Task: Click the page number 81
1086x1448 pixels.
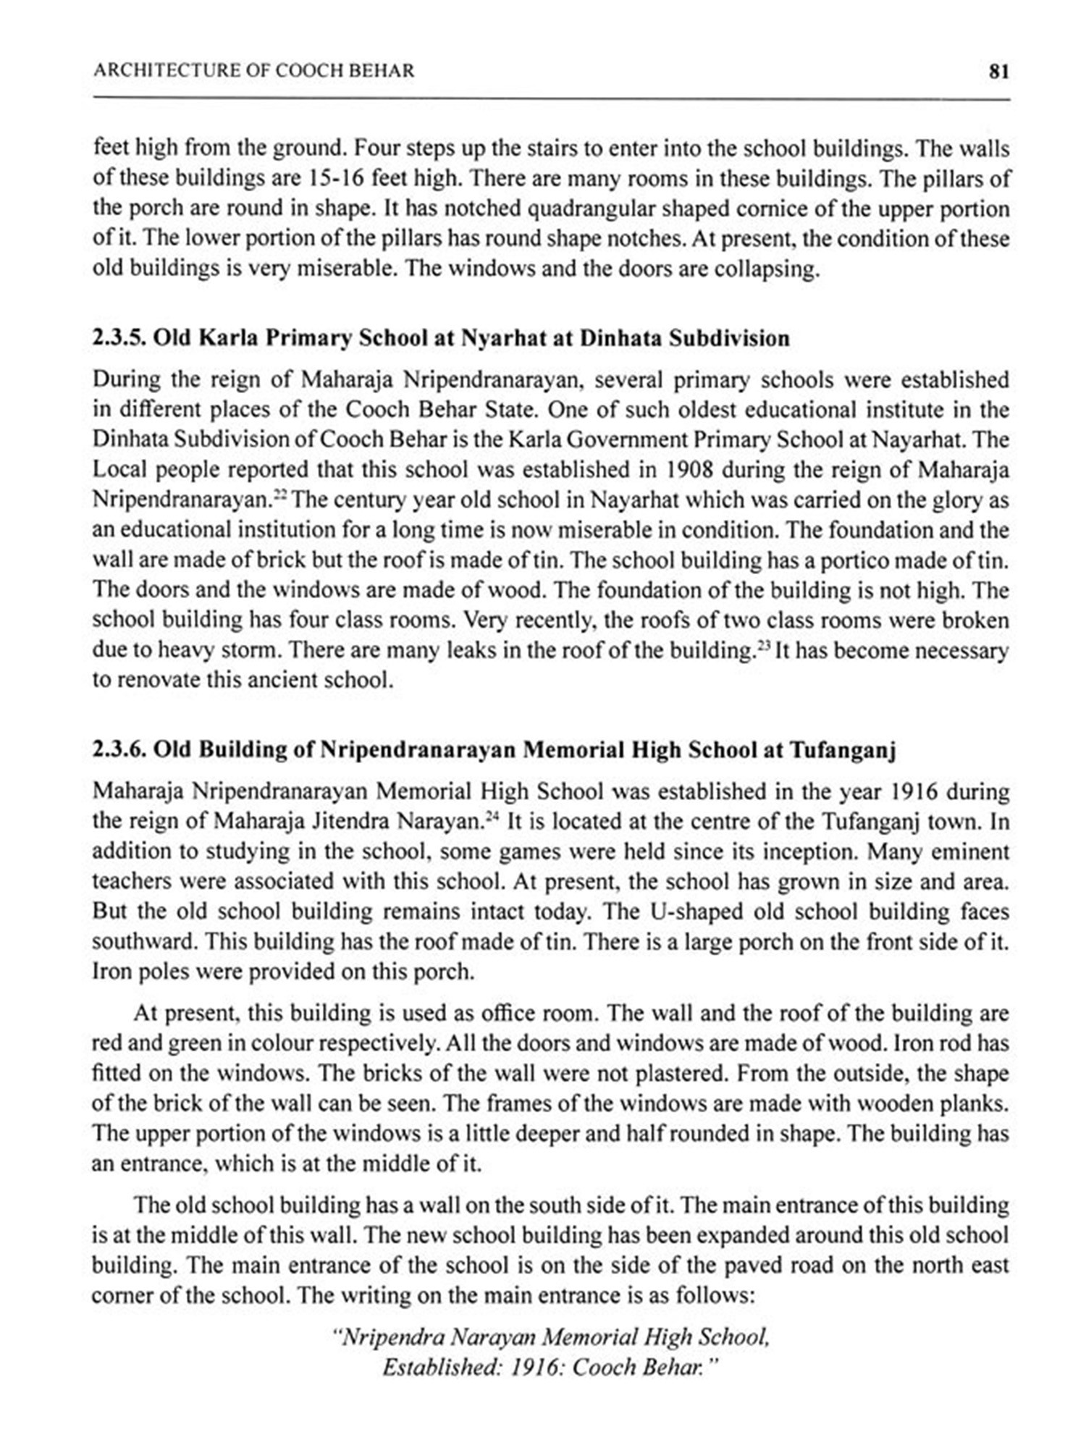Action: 998,71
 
